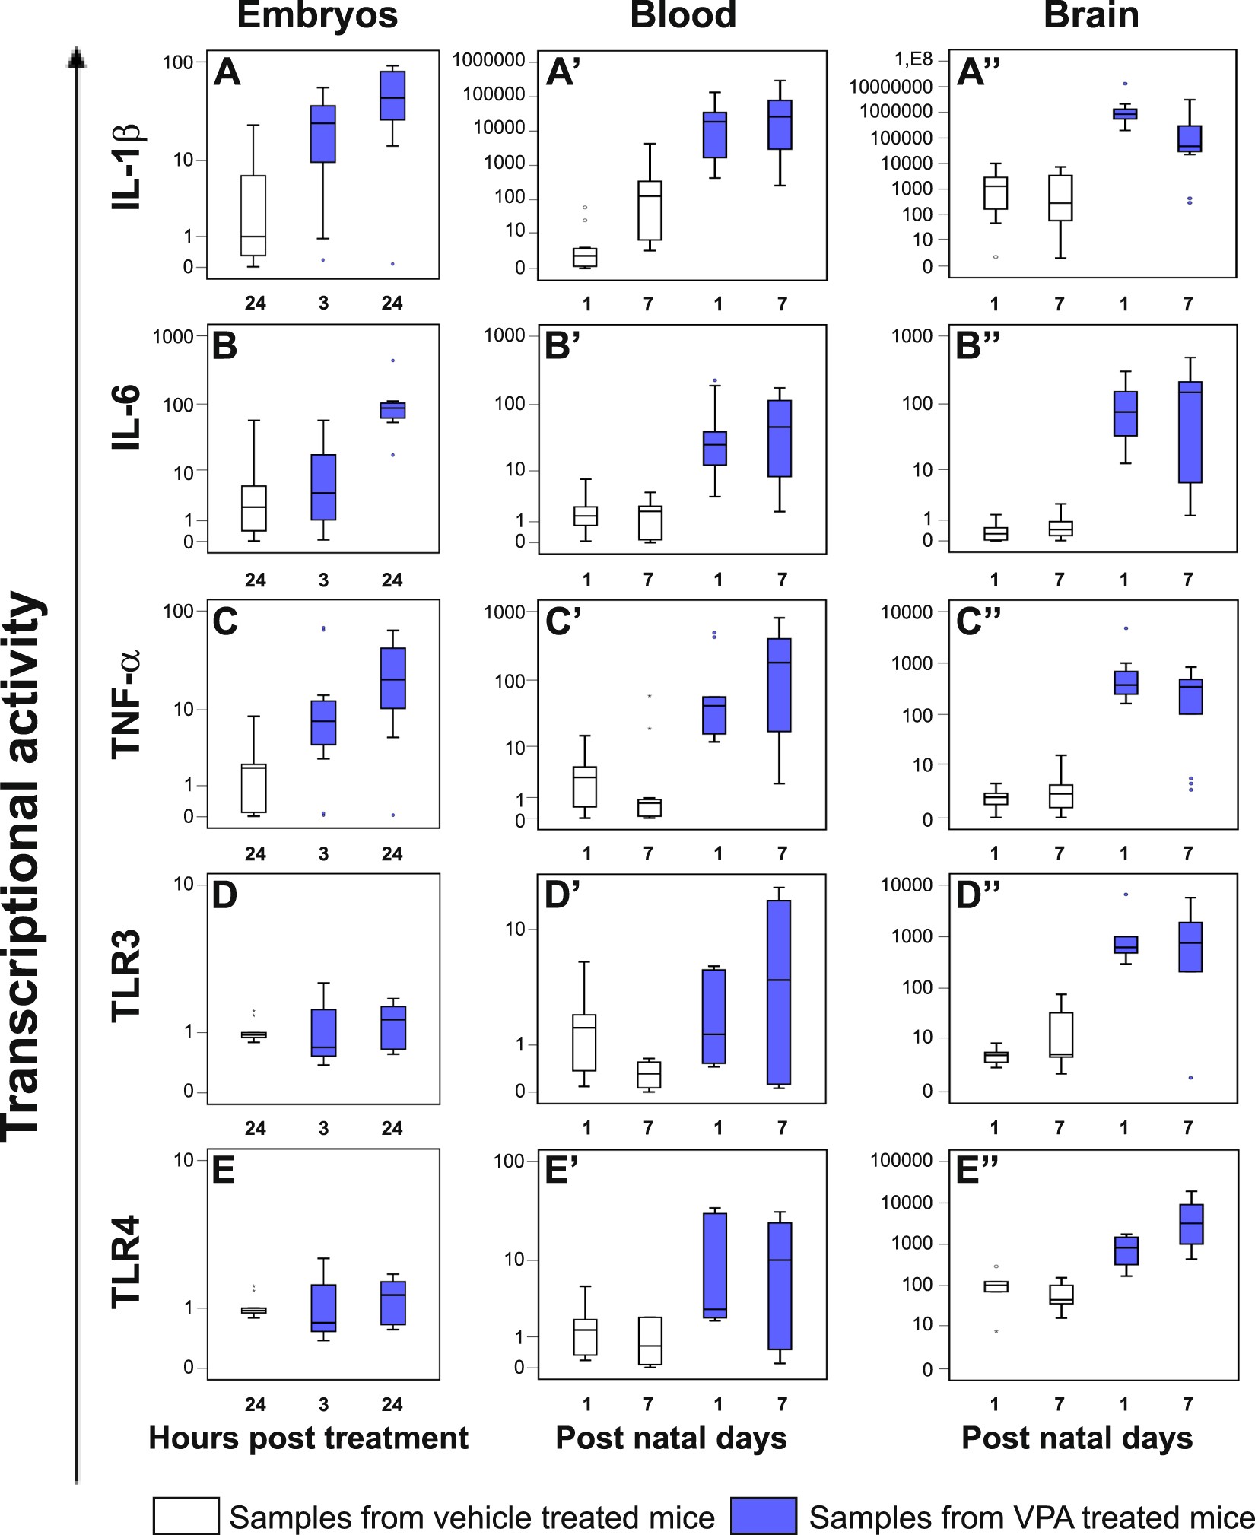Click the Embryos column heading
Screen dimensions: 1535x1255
coord(317,15)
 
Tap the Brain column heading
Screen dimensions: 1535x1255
coord(1091,15)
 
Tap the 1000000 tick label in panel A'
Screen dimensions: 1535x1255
coord(489,60)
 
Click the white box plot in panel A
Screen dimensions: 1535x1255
coord(253,215)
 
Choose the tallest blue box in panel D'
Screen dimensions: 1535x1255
coord(779,992)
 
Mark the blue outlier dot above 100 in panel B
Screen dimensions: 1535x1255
coord(392,361)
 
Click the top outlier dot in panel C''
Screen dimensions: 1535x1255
coord(1126,628)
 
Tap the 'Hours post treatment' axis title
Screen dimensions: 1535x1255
coord(308,1438)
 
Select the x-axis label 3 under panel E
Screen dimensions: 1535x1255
coord(323,1404)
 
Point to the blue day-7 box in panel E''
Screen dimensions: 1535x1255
coord(1191,1224)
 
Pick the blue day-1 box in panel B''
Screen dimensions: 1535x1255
coord(1126,414)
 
